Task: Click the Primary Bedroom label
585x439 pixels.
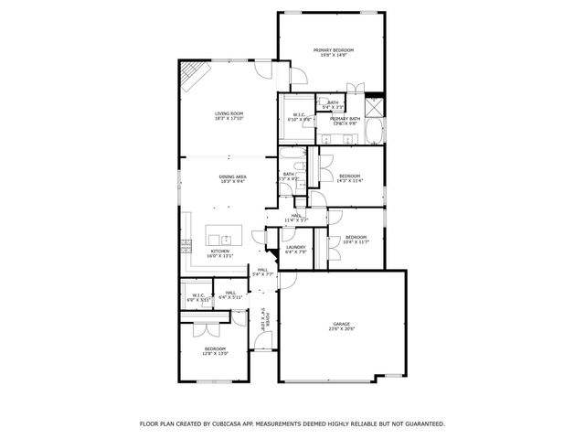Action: click(334, 52)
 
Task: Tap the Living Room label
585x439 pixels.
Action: click(229, 116)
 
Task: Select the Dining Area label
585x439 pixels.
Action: click(232, 178)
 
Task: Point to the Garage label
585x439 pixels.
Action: click(341, 327)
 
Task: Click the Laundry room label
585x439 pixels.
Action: click(295, 249)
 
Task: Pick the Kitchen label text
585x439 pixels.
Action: click(220, 253)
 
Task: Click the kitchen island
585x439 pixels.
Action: click(222, 233)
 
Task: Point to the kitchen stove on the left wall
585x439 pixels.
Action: click(186, 244)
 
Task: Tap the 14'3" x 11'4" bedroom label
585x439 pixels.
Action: click(350, 178)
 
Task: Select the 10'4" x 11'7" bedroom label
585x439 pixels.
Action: click(356, 240)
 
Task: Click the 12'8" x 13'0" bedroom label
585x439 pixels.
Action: click(215, 351)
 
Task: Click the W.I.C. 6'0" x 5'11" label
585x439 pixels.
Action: click(198, 297)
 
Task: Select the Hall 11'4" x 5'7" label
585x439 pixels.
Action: click(297, 218)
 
